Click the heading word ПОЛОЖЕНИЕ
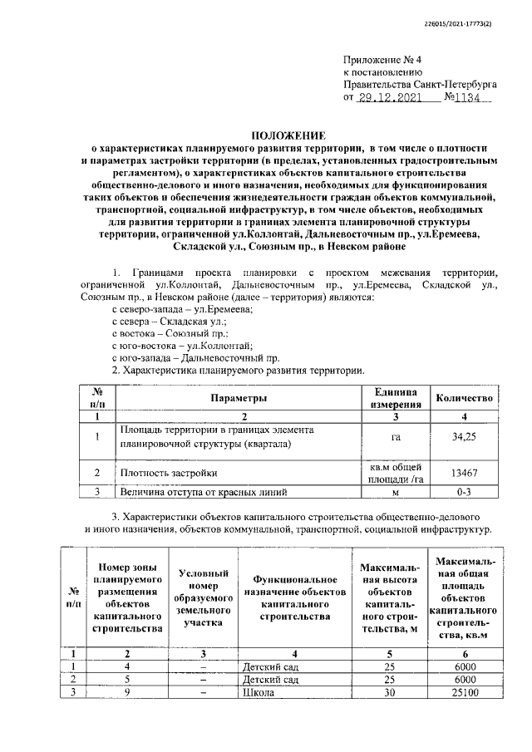click(288, 135)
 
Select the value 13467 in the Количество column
click(464, 473)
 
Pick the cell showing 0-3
click(464, 492)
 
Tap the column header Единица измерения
click(396, 398)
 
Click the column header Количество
click(464, 398)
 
